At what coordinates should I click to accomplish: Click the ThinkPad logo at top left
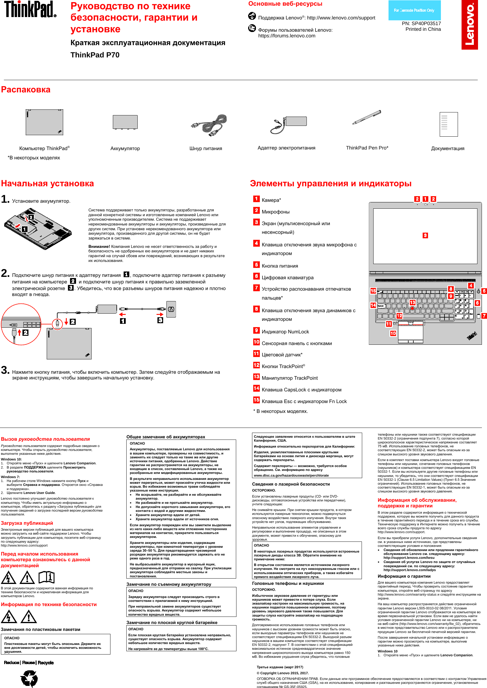coord(30,9)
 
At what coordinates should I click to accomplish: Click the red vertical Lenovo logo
coord(469,25)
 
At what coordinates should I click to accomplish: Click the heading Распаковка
coord(26,90)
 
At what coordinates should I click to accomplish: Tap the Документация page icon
coord(448,124)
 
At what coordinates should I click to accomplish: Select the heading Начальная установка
coord(47,183)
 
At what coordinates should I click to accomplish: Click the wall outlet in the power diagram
coord(171,309)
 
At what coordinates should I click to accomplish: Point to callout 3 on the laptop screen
coord(425,236)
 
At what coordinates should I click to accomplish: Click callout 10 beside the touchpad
coord(393,333)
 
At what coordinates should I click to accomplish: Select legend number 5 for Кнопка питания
coord(256,265)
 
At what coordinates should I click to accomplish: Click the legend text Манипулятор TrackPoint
coord(289,378)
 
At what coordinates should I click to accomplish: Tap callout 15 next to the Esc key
coord(373,291)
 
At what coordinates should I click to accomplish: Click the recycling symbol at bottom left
coord(29,678)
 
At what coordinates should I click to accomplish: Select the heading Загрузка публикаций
coord(27,523)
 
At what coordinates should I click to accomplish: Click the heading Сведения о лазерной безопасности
coord(290,484)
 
